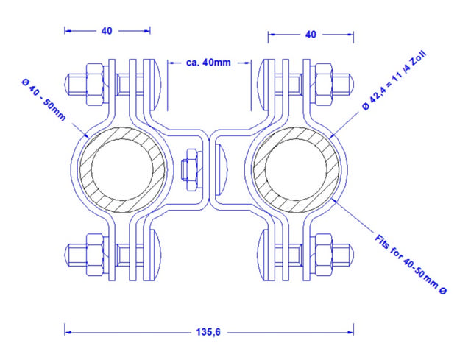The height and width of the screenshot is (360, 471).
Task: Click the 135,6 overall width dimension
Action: click(208, 332)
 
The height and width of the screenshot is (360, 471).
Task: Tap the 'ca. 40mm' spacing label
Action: click(208, 63)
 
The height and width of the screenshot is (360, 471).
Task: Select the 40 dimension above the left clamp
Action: click(107, 31)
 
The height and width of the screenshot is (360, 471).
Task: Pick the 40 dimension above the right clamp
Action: click(311, 35)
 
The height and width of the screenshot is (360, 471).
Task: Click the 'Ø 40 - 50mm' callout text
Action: click(43, 99)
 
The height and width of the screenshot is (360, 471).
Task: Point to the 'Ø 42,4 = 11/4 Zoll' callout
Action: click(394, 81)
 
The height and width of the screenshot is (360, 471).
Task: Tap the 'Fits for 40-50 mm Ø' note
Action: click(411, 264)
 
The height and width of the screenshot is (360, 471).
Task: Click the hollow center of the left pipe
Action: click(122, 169)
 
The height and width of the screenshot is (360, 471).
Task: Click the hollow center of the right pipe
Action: click(296, 169)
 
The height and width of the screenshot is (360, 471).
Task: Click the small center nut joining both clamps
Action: click(192, 169)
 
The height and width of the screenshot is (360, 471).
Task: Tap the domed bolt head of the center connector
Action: click(222, 169)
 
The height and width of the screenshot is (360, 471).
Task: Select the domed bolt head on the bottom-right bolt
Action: click(263, 255)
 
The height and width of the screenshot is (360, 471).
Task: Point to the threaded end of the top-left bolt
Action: click(76, 85)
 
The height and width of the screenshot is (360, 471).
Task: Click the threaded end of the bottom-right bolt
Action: click(343, 255)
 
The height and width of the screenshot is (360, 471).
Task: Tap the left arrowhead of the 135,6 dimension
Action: click(68, 332)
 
